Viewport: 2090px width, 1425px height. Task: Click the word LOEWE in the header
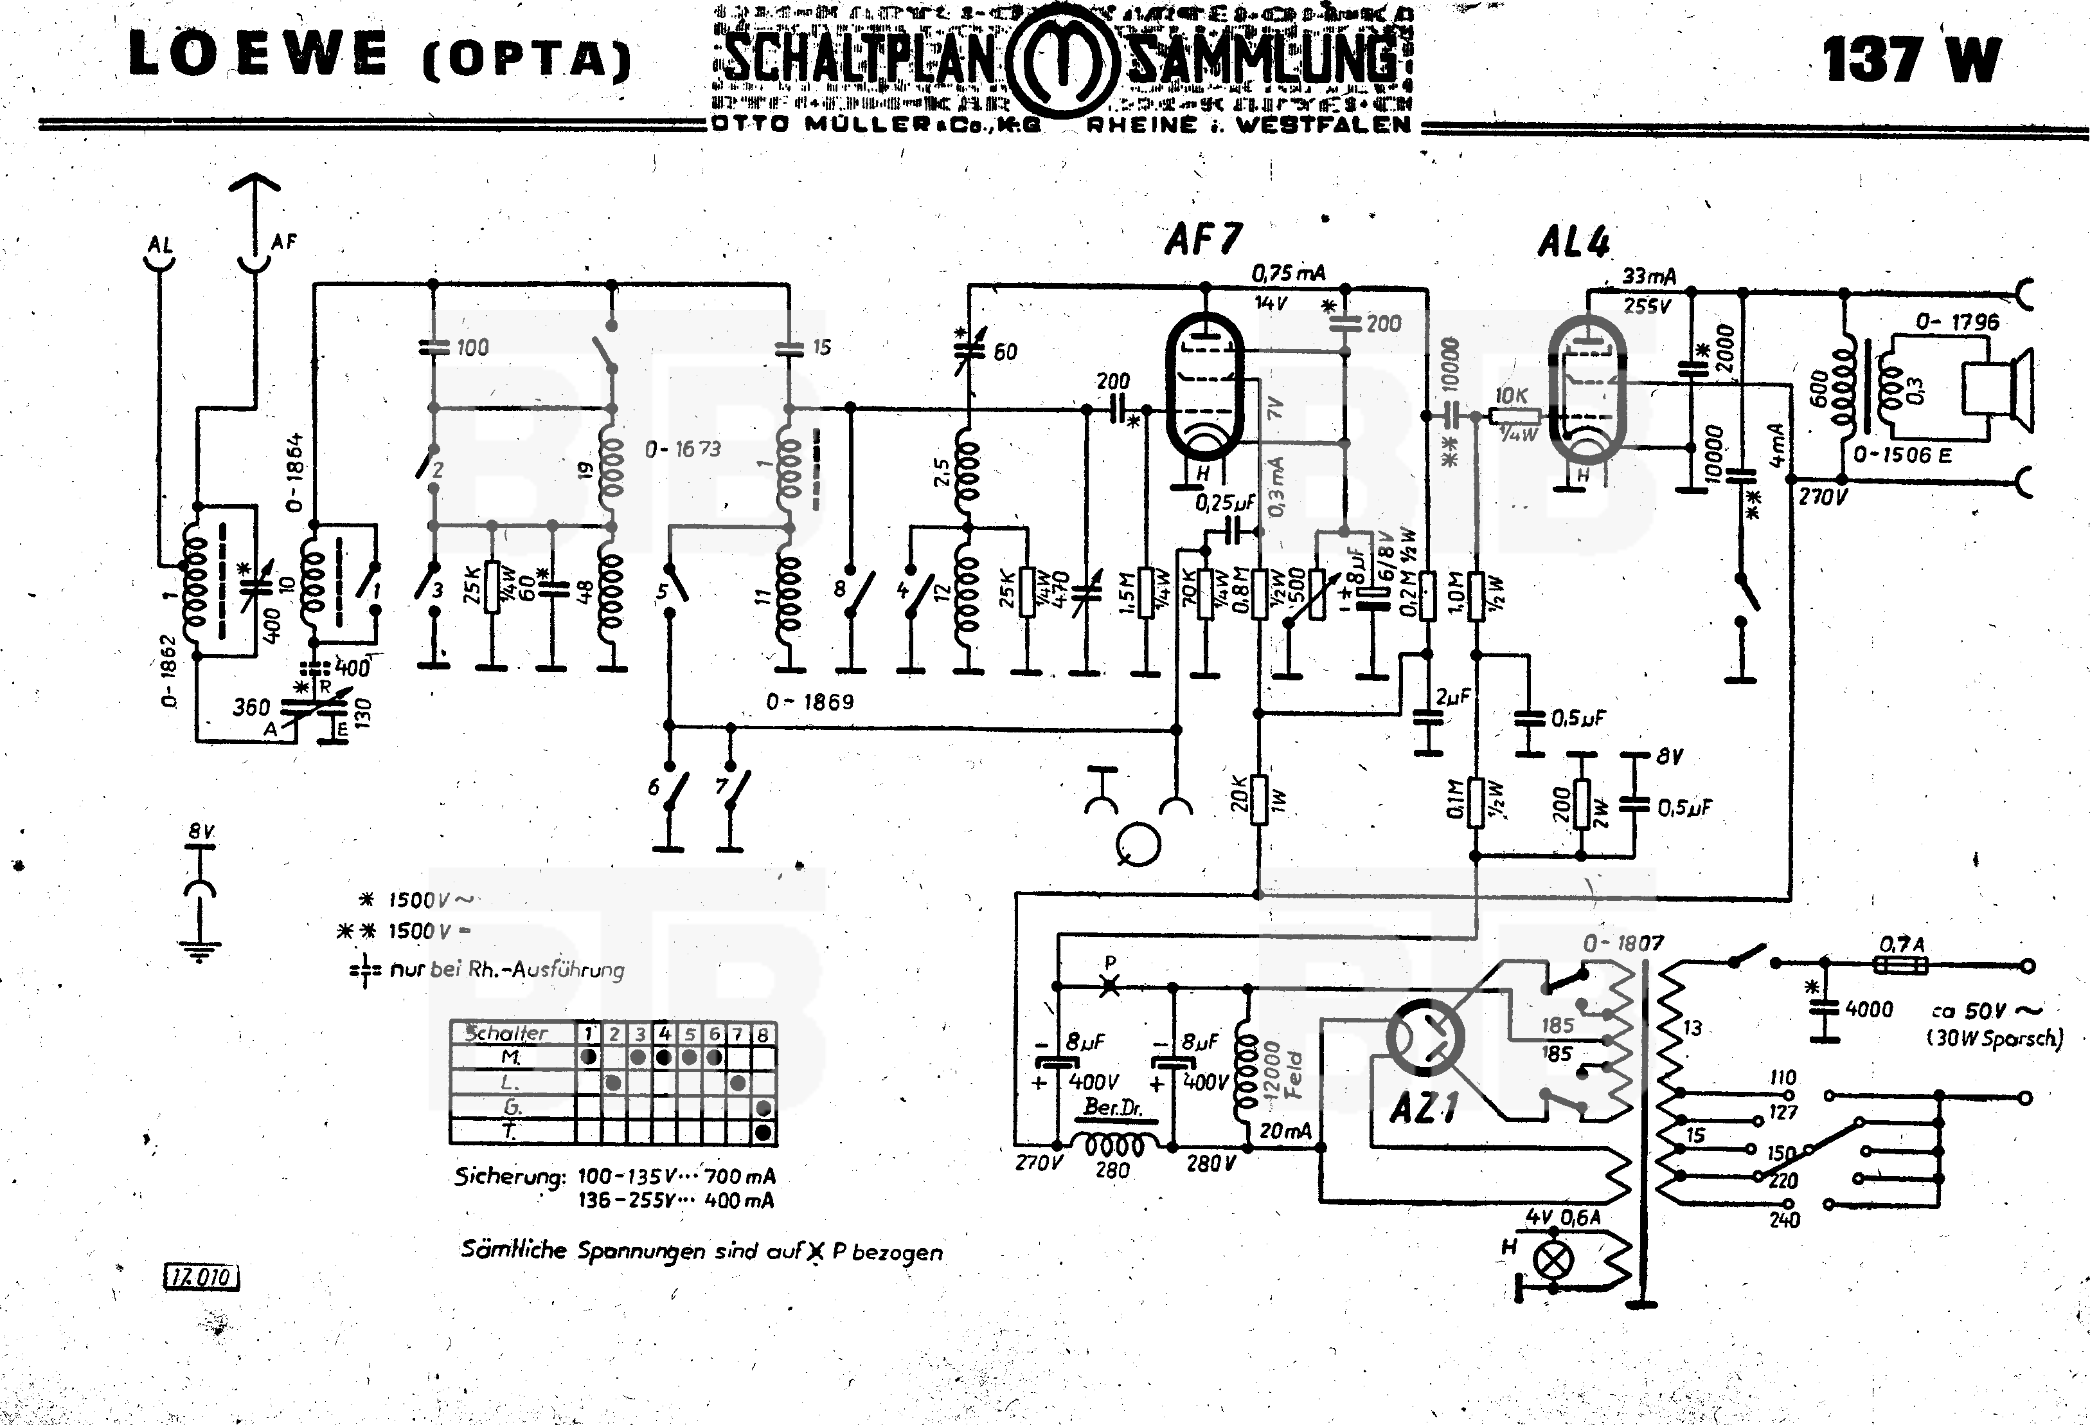click(258, 54)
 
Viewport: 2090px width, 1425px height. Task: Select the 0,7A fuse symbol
click(1900, 965)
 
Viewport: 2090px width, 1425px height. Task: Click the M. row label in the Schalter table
click(511, 1057)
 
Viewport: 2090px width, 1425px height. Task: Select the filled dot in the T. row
click(763, 1132)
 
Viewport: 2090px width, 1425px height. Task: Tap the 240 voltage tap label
click(1783, 1220)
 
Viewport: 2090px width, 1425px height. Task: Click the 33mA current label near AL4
click(1648, 276)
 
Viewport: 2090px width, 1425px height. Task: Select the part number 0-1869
click(809, 702)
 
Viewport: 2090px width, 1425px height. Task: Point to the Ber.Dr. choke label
click(1112, 1107)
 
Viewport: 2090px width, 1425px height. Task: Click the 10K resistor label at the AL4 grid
click(1511, 396)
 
